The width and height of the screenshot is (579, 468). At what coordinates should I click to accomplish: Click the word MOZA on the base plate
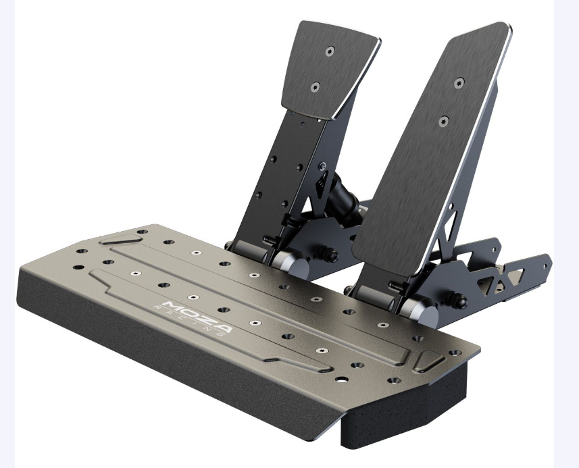197,315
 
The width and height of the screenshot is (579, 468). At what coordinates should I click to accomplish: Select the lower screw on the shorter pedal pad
314,86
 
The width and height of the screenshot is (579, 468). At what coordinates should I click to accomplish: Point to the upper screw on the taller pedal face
459,83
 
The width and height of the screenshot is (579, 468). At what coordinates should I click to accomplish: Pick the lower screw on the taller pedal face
443,121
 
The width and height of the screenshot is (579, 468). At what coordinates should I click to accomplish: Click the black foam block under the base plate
405,412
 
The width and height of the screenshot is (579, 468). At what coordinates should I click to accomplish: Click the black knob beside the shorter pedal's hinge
332,255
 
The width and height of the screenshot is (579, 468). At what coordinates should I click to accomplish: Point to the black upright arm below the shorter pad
277,182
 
